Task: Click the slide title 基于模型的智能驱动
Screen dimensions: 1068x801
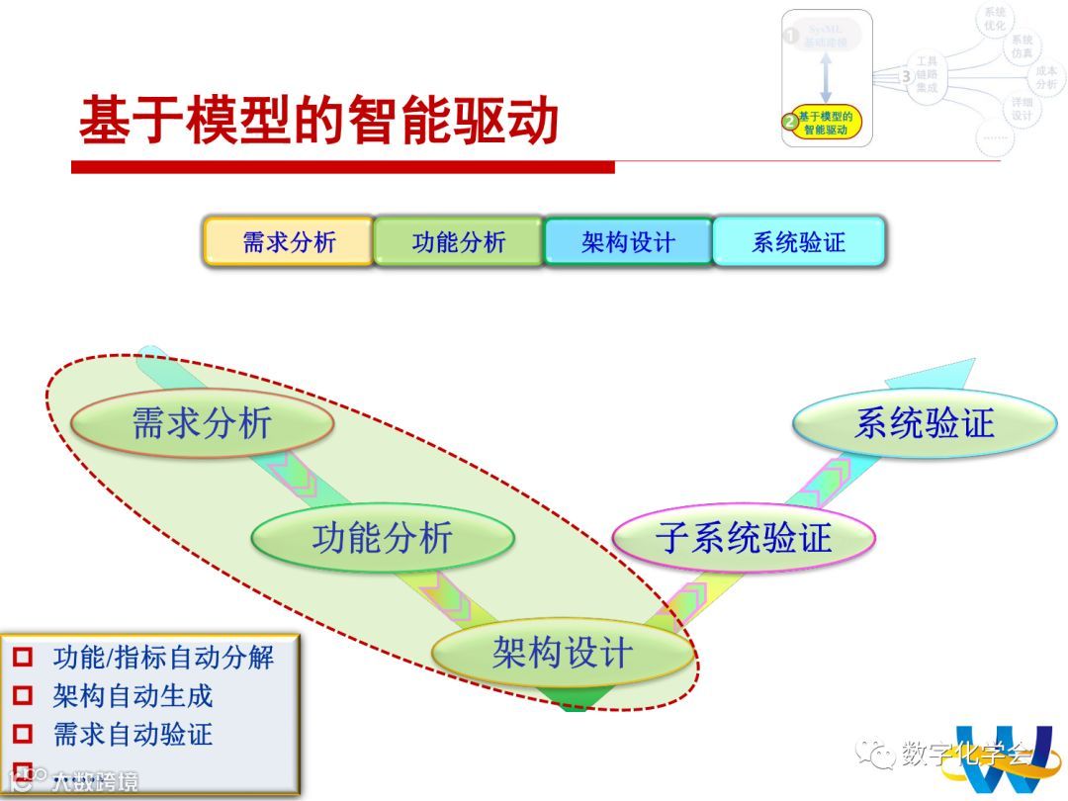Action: click(x=318, y=122)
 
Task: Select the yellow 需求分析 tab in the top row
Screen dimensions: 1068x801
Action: click(x=289, y=242)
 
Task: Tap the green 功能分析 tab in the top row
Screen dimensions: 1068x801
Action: click(x=459, y=242)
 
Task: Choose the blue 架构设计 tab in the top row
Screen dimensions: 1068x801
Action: click(x=628, y=242)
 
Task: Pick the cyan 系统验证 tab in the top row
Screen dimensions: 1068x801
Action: click(x=799, y=242)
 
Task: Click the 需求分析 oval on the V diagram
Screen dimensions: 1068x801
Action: click(x=202, y=424)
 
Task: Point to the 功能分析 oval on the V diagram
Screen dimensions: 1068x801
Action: click(x=383, y=539)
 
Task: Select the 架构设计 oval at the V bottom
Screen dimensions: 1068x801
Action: click(x=562, y=653)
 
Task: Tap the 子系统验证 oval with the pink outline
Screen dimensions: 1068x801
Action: click(x=744, y=539)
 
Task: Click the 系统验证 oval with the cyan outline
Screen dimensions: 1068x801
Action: click(x=924, y=424)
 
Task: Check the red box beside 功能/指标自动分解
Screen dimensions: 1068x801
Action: click(x=23, y=657)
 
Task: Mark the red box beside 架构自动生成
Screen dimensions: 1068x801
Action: click(x=23, y=696)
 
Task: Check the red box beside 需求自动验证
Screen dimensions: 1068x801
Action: click(x=23, y=735)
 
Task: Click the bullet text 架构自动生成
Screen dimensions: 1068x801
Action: click(x=133, y=696)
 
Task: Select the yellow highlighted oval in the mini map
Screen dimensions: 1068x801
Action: click(x=824, y=123)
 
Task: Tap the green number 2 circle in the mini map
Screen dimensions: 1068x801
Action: click(x=789, y=123)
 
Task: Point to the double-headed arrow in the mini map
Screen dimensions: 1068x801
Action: click(x=826, y=77)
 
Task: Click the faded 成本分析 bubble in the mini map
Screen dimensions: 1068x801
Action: click(x=1046, y=77)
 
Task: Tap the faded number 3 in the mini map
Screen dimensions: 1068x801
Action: click(x=906, y=76)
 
